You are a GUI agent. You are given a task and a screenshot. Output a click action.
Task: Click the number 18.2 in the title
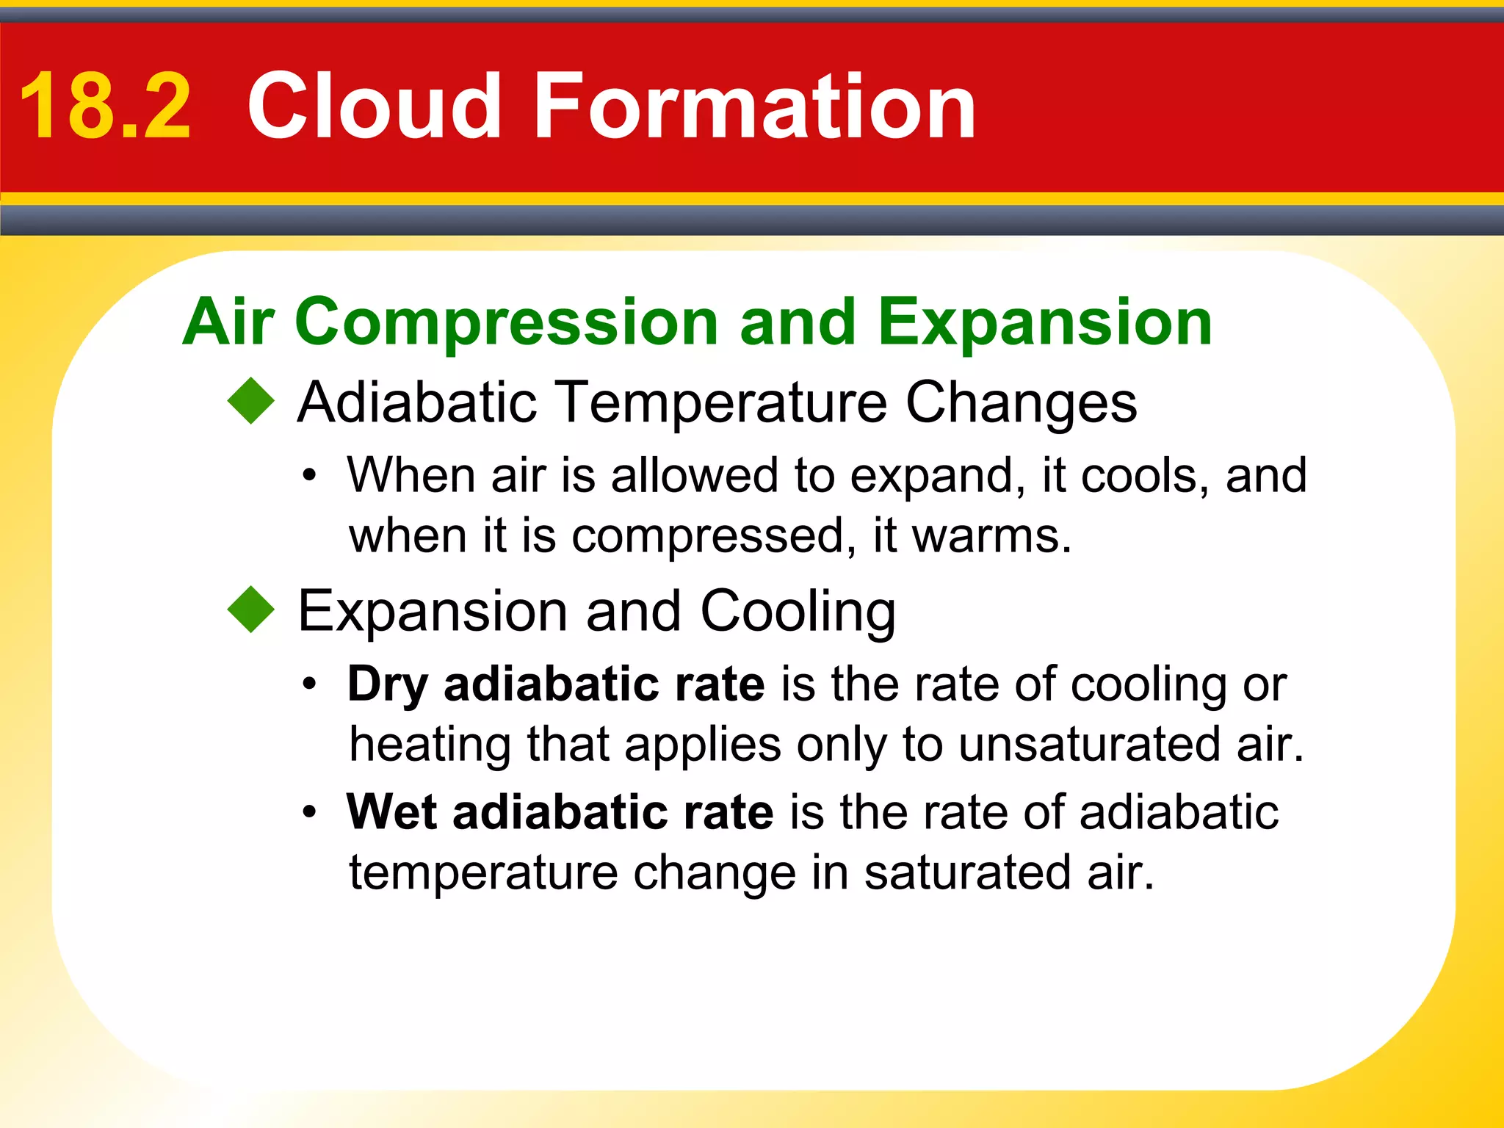click(105, 107)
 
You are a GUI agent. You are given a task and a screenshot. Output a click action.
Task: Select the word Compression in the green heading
click(507, 323)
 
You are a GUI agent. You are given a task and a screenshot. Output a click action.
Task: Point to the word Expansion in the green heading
click(1044, 323)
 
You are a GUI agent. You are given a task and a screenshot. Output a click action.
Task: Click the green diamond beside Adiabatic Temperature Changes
click(251, 401)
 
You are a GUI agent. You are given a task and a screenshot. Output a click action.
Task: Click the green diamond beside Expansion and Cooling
click(251, 610)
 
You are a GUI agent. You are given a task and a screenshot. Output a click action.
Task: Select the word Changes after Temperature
click(1021, 404)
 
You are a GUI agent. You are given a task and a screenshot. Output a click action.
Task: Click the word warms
click(991, 536)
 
